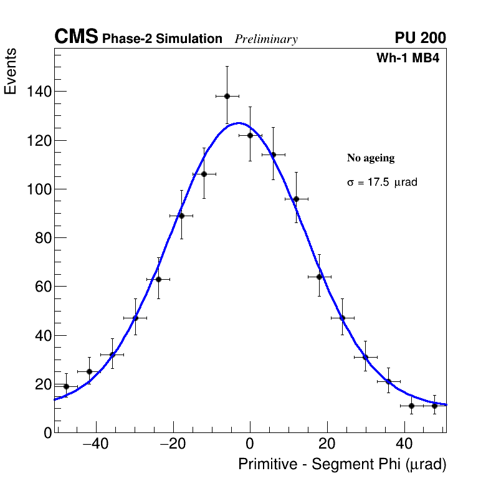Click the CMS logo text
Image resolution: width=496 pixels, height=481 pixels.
(76, 37)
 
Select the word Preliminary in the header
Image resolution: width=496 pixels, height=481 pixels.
(266, 39)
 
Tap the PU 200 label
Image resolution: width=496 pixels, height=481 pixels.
(420, 38)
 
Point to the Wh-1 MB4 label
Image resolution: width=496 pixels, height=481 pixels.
(408, 59)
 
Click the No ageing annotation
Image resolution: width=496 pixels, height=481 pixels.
(371, 158)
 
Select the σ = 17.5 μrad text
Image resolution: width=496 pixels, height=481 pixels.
(382, 183)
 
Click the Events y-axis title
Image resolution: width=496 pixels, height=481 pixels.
(11, 72)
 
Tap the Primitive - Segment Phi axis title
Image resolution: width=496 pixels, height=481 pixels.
(342, 465)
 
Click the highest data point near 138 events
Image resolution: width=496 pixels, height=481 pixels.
(227, 96)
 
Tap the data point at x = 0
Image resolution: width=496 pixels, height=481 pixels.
(250, 135)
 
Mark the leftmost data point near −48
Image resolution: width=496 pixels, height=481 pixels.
(66, 386)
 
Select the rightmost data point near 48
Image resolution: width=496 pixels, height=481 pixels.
(435, 406)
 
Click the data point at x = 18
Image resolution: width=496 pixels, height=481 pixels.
(319, 277)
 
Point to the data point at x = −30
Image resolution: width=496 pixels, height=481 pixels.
(135, 318)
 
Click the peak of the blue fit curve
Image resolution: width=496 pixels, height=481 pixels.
(239, 123)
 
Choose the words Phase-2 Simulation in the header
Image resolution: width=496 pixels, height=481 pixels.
(162, 39)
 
